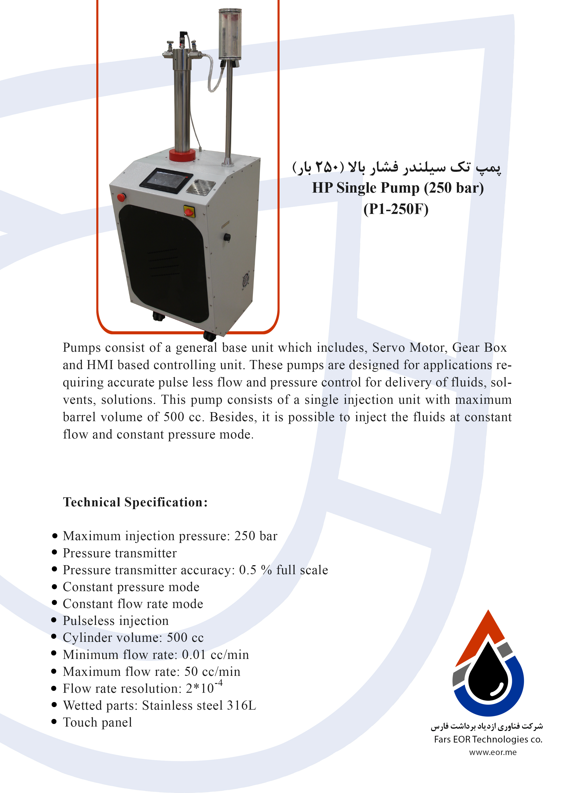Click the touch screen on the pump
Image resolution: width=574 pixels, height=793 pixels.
pyautogui.click(x=166, y=180)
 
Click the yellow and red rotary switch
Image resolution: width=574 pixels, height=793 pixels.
pyautogui.click(x=189, y=211)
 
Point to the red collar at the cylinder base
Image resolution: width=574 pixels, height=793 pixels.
pyautogui.click(x=182, y=155)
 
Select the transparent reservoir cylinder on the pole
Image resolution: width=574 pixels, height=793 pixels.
pyautogui.click(x=229, y=34)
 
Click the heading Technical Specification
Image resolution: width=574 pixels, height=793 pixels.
pyautogui.click(x=135, y=502)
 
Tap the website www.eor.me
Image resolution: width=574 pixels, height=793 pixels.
pyautogui.click(x=493, y=752)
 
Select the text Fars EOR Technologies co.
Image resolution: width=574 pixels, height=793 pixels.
pyautogui.click(x=488, y=739)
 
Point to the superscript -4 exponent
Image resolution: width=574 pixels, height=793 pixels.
pyautogui.click(x=218, y=683)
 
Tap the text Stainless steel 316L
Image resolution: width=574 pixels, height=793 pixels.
pyautogui.click(x=199, y=705)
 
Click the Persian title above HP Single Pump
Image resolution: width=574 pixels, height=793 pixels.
pyautogui.click(x=396, y=167)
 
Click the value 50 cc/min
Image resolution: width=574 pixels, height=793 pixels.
pyautogui.click(x=212, y=671)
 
